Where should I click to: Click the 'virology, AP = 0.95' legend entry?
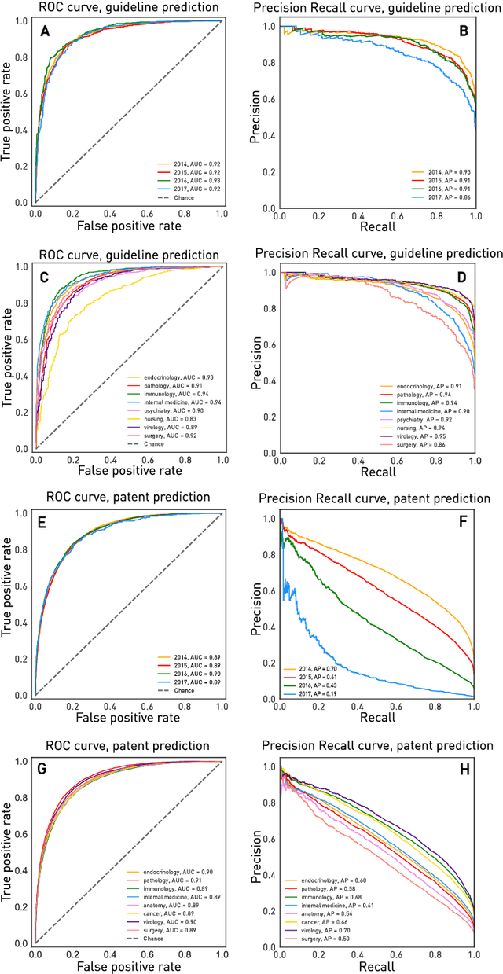click(424, 435)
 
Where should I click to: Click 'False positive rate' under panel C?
click(127, 470)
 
